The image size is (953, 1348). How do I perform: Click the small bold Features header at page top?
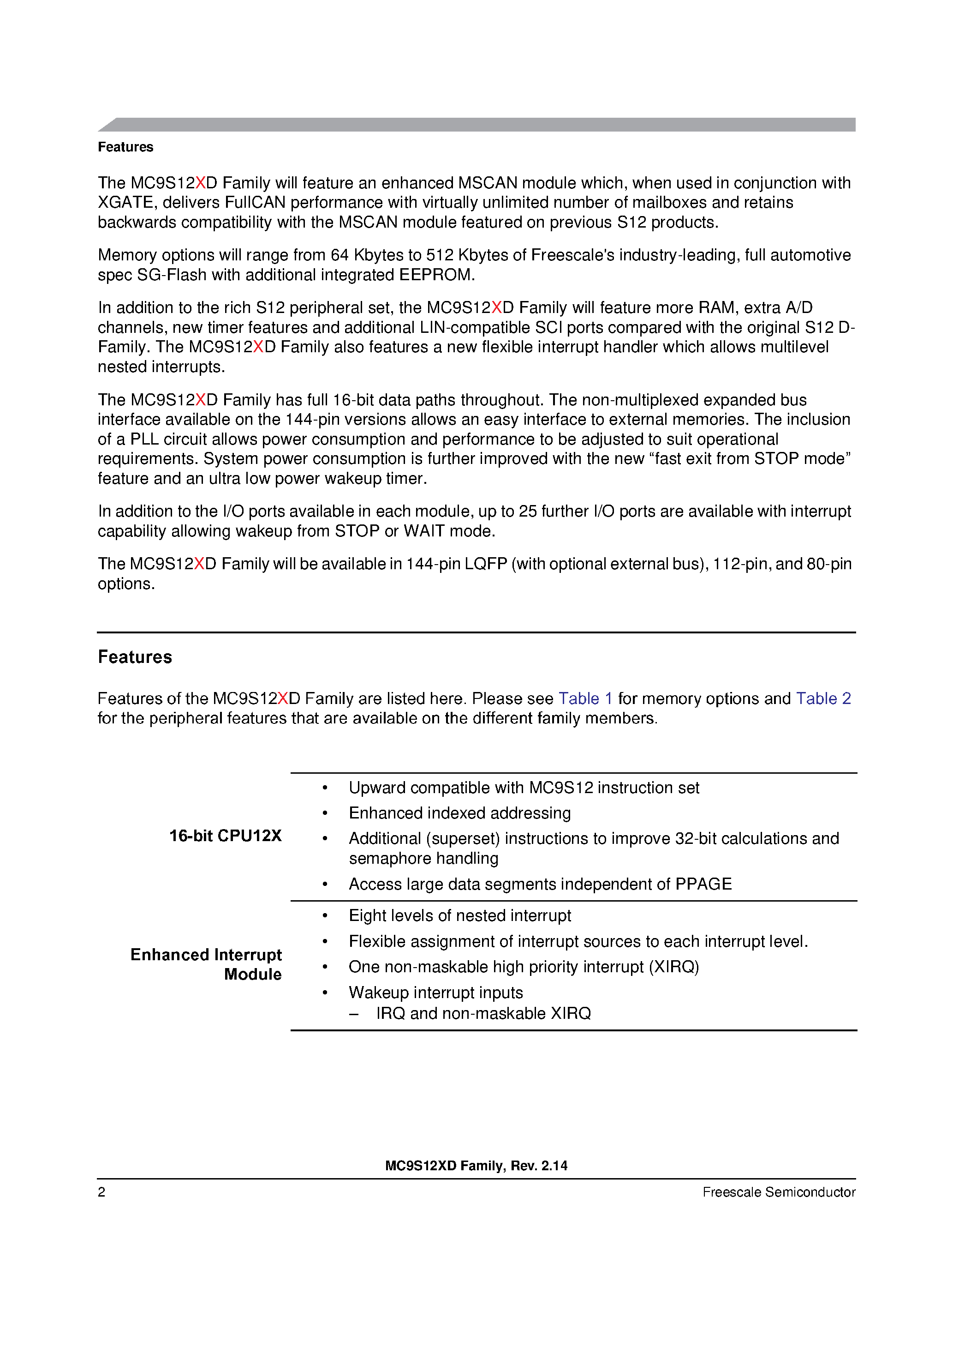(x=125, y=147)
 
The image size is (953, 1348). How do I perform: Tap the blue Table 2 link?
(x=823, y=698)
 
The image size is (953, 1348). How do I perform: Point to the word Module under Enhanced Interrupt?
(x=252, y=974)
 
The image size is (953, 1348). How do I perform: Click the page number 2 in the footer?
(x=101, y=1192)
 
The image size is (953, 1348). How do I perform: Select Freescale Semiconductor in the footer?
(x=778, y=1192)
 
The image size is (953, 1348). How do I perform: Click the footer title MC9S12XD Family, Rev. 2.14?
(x=476, y=1165)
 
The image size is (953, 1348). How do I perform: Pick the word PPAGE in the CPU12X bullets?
(x=703, y=884)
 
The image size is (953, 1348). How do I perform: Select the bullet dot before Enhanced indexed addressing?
(x=325, y=813)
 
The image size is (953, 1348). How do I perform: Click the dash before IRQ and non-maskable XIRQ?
(x=353, y=1013)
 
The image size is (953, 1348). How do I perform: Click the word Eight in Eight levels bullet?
(x=367, y=915)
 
